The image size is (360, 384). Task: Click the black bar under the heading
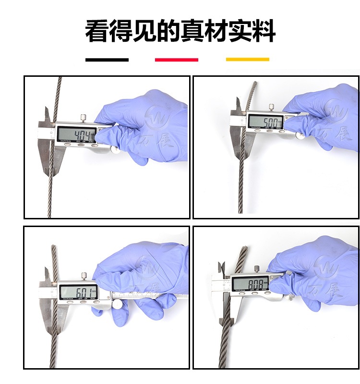(x=107, y=60)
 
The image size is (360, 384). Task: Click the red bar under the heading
(x=176, y=60)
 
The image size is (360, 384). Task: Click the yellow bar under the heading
(x=247, y=60)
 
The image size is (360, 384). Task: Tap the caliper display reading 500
(x=265, y=122)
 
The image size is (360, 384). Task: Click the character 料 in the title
(x=264, y=32)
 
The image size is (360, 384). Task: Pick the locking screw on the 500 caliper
(x=271, y=107)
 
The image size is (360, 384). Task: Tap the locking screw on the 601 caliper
(x=84, y=276)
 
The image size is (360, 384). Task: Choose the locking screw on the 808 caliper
(x=257, y=269)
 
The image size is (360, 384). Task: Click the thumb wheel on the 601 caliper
(x=117, y=305)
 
